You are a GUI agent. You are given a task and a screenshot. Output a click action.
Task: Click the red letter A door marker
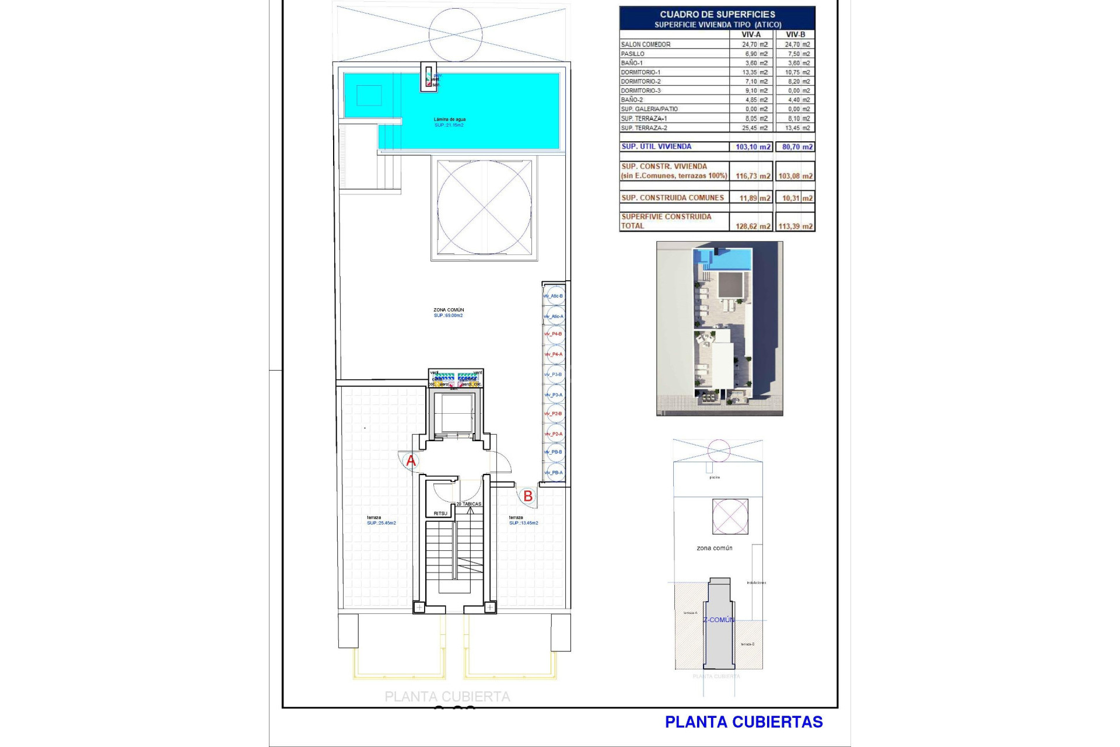[x=411, y=461]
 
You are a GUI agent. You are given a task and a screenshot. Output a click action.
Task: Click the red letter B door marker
[x=528, y=496]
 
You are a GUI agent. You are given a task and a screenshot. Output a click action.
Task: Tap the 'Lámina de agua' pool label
[x=449, y=120]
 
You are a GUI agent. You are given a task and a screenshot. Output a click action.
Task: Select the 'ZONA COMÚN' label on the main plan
[x=449, y=310]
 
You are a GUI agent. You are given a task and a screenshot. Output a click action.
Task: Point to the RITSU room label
[x=440, y=514]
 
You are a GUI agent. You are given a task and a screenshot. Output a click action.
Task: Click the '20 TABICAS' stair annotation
[x=469, y=504]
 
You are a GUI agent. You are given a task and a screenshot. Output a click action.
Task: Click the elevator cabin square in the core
[x=456, y=413]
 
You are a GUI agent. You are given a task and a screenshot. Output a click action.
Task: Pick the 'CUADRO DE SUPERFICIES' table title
[x=717, y=14]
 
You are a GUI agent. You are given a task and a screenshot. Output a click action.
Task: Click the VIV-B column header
[x=795, y=34]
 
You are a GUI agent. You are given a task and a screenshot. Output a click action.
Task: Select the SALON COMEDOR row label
[x=646, y=44]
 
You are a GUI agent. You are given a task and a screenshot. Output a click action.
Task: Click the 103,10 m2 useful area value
[x=752, y=147]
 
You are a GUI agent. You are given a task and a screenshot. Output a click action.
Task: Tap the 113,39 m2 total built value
[x=795, y=226]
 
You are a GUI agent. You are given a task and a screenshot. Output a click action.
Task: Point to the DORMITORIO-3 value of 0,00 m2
[x=798, y=90]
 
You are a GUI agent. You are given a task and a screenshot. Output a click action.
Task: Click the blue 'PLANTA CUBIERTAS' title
[x=744, y=722]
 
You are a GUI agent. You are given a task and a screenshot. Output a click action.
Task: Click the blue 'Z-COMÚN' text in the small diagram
[x=719, y=620]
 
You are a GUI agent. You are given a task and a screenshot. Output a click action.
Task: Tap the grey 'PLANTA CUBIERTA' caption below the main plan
[x=447, y=697]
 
